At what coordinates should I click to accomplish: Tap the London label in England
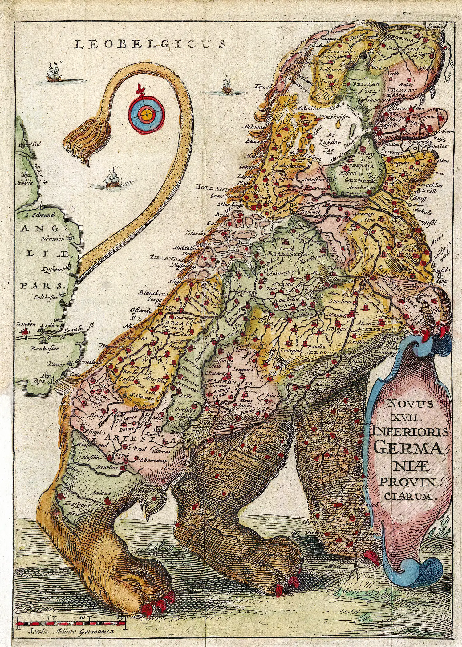click(x=26, y=324)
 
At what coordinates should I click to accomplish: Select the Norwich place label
click(x=54, y=238)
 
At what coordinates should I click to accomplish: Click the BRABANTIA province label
click(x=288, y=254)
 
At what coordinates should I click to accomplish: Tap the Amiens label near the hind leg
click(x=100, y=493)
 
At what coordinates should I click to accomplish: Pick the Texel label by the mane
click(x=261, y=87)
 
